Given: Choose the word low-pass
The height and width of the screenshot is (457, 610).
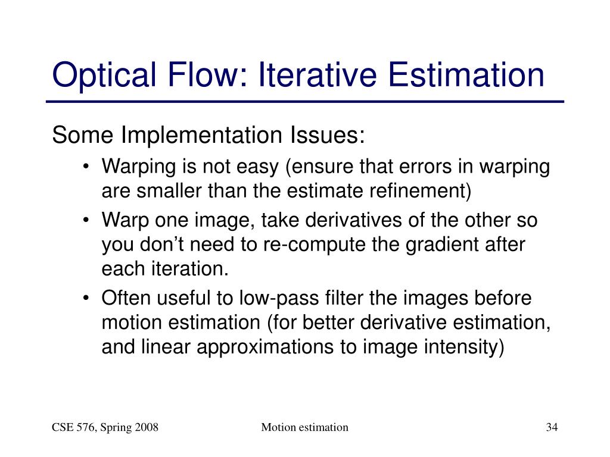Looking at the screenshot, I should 279,298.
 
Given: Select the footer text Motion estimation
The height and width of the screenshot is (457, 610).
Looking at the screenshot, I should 304,427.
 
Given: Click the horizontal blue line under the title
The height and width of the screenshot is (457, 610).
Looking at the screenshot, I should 305,102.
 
